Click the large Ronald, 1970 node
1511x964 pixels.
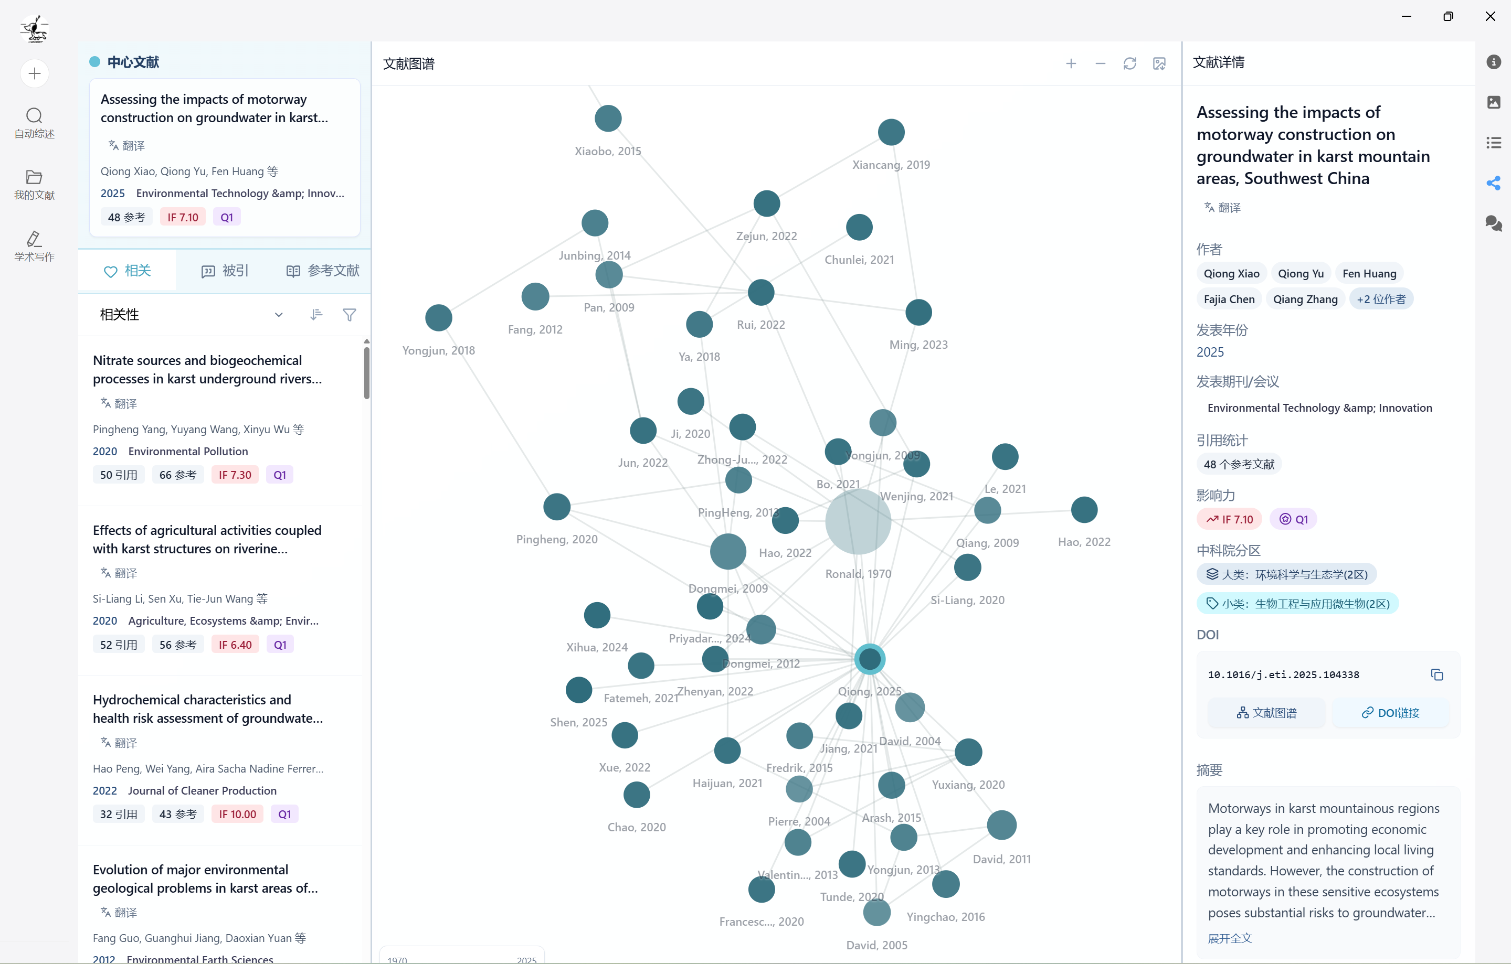pos(858,521)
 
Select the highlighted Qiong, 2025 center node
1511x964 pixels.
pos(870,659)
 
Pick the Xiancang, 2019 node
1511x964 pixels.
pos(891,132)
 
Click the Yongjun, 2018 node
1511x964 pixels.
pos(439,318)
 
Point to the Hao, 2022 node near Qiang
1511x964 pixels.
pos(1084,510)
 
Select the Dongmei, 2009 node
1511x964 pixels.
pos(728,552)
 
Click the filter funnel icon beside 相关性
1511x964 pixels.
pos(350,315)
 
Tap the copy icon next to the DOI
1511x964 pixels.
pos(1436,675)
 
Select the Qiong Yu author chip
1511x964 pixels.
pos(1301,273)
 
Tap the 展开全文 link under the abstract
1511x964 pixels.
pos(1230,939)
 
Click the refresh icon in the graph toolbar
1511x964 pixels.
pos(1129,64)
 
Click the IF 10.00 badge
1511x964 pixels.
pos(237,814)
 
